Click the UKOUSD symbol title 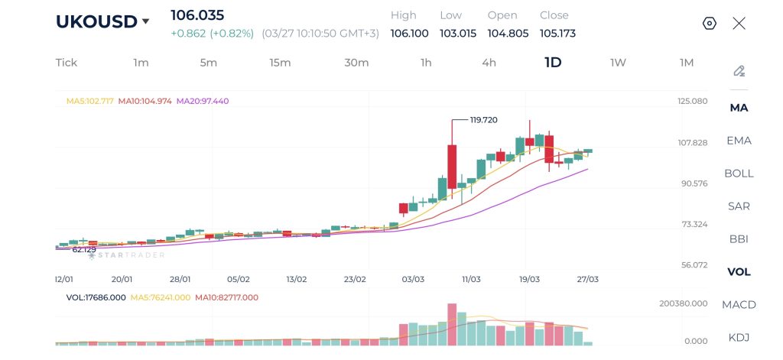pos(96,21)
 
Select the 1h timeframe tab pos(426,63)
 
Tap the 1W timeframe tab pos(618,63)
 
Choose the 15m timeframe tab pos(280,63)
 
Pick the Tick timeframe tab pos(67,63)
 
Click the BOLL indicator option pos(739,174)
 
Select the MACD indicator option pos(739,305)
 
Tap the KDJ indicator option pos(739,338)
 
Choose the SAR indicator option pos(739,206)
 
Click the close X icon pos(739,24)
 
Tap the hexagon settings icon pos(709,24)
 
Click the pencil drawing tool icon pos(739,71)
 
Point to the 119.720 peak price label pos(483,120)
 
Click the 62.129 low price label pos(84,250)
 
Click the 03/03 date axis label pos(413,280)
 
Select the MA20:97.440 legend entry pos(203,101)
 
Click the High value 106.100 pos(409,34)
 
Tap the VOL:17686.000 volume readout pos(96,297)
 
